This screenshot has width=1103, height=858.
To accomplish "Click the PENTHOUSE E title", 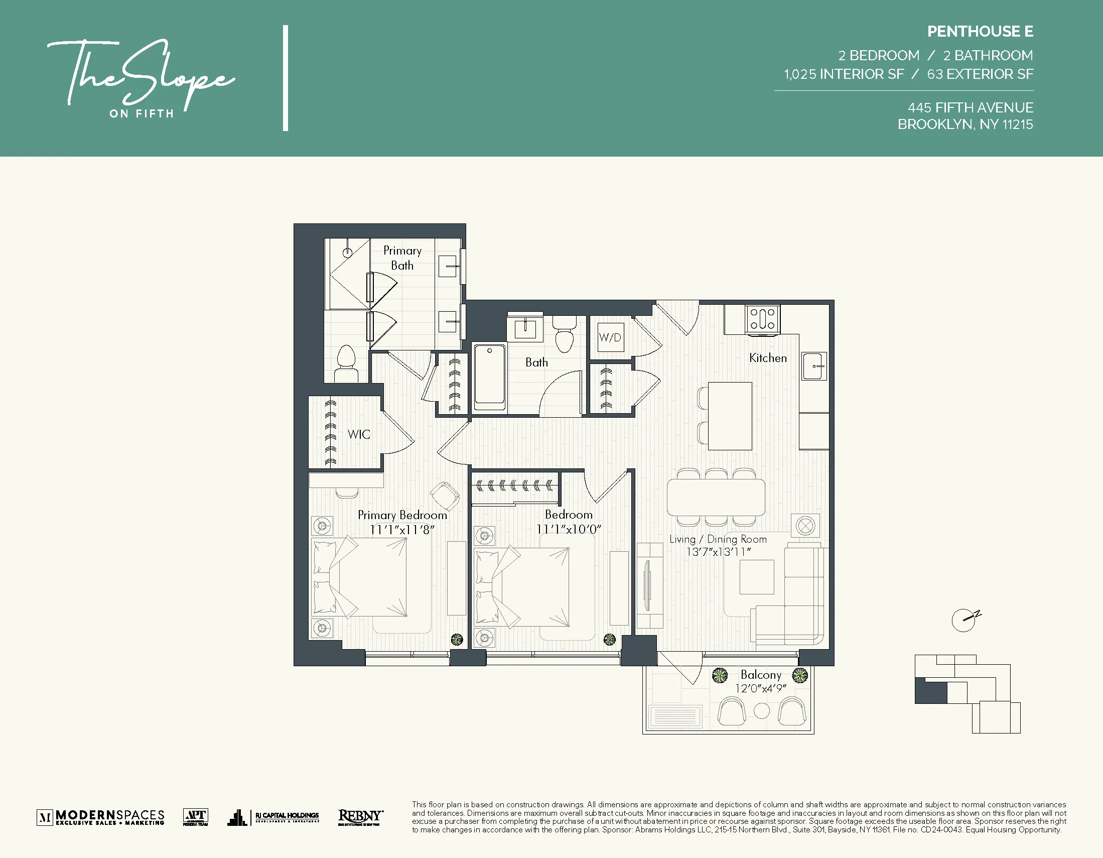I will point(980,31).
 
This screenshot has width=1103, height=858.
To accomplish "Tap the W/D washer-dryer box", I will point(610,337).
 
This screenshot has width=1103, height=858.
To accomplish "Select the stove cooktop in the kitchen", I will point(762,319).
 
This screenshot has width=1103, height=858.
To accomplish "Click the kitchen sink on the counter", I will point(813,366).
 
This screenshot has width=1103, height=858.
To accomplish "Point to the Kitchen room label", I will point(767,358).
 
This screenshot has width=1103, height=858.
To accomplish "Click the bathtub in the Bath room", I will point(489,377).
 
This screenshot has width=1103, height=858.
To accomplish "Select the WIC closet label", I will point(359,434).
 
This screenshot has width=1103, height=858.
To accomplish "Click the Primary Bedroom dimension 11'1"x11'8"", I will point(402,530).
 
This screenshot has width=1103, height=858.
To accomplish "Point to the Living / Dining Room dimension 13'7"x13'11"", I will point(718,552).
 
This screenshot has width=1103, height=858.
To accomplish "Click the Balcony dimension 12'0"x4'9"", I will point(761,688).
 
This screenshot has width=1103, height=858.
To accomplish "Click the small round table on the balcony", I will point(761,710).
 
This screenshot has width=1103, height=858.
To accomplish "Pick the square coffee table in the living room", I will point(757,577).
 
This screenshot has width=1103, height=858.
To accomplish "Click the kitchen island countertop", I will point(729,416).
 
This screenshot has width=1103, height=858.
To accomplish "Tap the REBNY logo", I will point(360,816).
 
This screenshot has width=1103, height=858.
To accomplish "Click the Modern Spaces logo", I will point(101,817).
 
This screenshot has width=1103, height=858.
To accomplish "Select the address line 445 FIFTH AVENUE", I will point(970,107).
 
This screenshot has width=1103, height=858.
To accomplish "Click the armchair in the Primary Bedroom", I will point(445,495).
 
